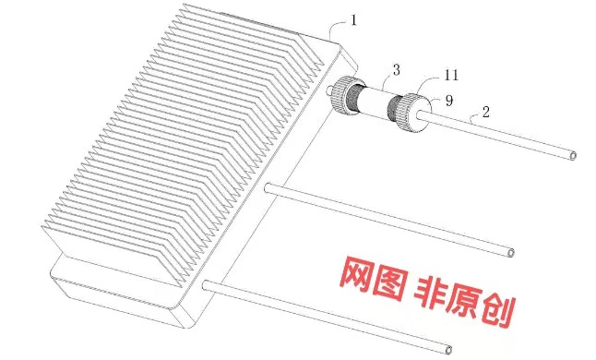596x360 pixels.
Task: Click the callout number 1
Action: (354, 19)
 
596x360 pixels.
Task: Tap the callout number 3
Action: (397, 70)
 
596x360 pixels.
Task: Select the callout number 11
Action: (451, 75)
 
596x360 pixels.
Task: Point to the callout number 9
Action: (449, 101)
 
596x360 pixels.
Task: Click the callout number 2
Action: (486, 112)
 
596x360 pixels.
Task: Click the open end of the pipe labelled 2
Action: (573, 155)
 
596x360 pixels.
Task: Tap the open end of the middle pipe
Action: (511, 253)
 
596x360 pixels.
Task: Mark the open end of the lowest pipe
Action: (448, 350)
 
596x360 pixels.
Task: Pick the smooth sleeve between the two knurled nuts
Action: (375, 102)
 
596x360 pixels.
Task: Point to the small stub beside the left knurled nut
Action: (329, 90)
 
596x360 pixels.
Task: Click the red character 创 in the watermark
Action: (499, 311)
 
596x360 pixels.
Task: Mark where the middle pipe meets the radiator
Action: (268, 187)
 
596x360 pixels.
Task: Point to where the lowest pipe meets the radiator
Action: (207, 285)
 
